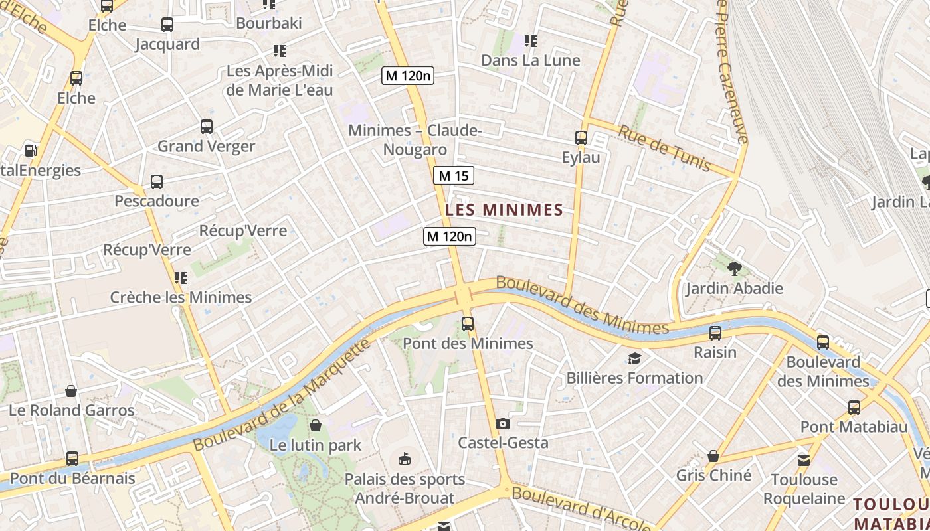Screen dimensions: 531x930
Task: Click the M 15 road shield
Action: click(454, 175)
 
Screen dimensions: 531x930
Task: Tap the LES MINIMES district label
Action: click(504, 210)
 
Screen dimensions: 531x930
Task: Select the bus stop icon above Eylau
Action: click(581, 138)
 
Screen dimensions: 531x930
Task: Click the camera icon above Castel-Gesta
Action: click(503, 423)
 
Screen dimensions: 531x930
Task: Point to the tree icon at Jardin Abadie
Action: click(734, 269)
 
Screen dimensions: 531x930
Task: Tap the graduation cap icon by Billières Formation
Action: click(634, 359)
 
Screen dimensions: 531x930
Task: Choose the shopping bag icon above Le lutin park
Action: click(316, 425)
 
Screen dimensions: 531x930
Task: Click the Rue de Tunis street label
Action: click(664, 148)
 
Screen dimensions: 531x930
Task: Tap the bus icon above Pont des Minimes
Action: click(468, 324)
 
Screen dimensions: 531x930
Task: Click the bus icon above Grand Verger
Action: click(207, 127)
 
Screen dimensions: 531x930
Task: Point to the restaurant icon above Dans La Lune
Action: click(530, 41)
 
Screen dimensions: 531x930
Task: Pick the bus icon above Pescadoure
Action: click(157, 182)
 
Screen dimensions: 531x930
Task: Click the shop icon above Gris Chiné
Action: click(713, 456)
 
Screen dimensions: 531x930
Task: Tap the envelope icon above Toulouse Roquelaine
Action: click(804, 460)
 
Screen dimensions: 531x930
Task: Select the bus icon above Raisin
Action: click(715, 333)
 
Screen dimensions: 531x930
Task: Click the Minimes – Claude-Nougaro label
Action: click(415, 140)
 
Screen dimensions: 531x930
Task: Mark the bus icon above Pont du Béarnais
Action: click(72, 459)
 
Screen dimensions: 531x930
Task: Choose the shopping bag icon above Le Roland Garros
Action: click(71, 391)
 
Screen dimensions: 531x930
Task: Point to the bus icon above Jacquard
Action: click(167, 25)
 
